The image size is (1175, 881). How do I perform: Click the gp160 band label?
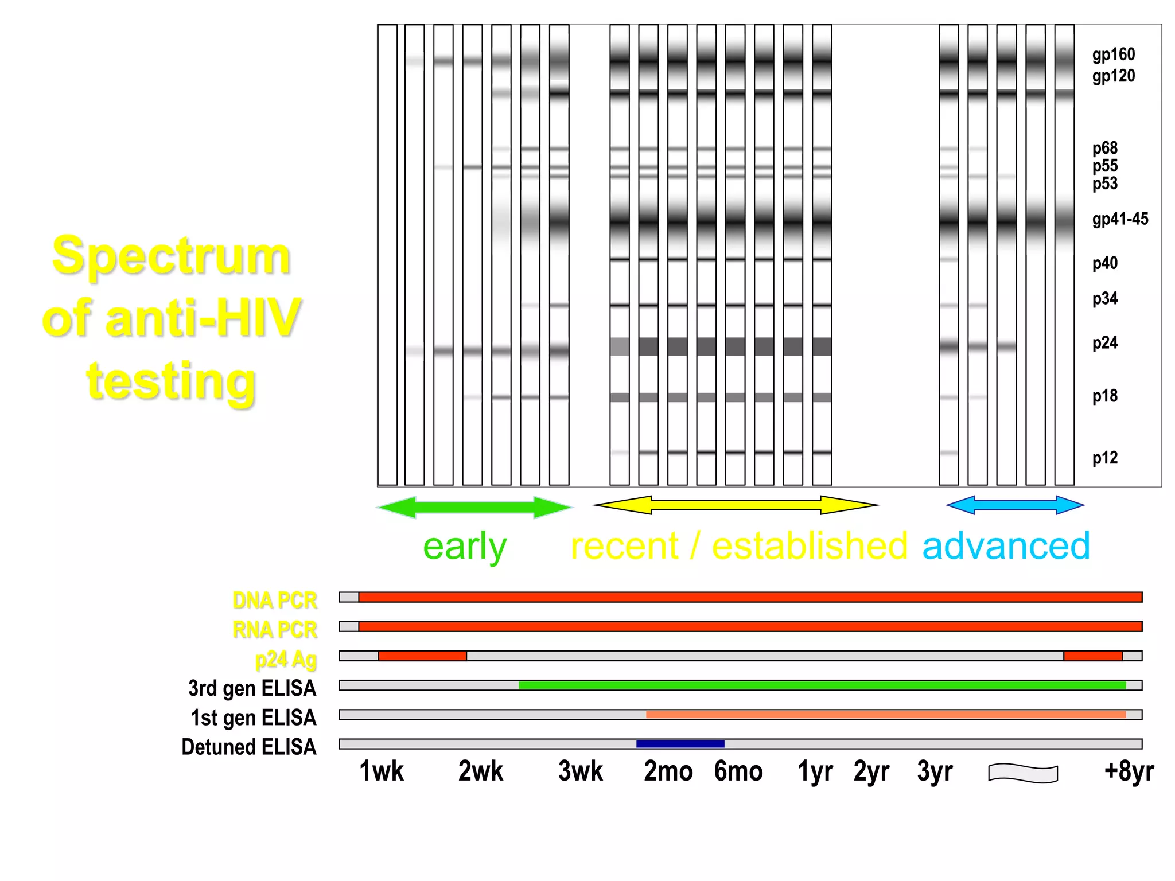1113,54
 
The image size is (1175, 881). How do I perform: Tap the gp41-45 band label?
1120,219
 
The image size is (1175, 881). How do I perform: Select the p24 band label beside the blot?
1104,343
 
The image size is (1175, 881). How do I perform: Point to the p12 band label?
1104,458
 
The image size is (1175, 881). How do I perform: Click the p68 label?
1104,148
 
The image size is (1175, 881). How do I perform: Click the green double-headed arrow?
474,507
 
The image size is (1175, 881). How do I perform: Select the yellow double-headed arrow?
736,505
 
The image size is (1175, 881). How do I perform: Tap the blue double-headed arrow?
1015,505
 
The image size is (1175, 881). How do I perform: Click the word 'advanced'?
1006,546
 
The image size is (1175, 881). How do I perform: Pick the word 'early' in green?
465,547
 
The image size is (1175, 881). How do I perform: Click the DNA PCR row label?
274,600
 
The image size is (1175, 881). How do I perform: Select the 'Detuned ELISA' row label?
248,747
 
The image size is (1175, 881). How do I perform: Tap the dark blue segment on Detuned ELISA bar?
680,744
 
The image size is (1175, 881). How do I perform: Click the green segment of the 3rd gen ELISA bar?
822,685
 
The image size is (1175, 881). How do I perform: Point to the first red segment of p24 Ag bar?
422,656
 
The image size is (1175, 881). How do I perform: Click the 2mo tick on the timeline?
668,771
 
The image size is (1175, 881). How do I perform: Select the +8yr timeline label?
1129,771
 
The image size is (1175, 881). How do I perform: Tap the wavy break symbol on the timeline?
1023,773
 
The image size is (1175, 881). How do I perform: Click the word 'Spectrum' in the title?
171,256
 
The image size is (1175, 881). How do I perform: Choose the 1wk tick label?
382,771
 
